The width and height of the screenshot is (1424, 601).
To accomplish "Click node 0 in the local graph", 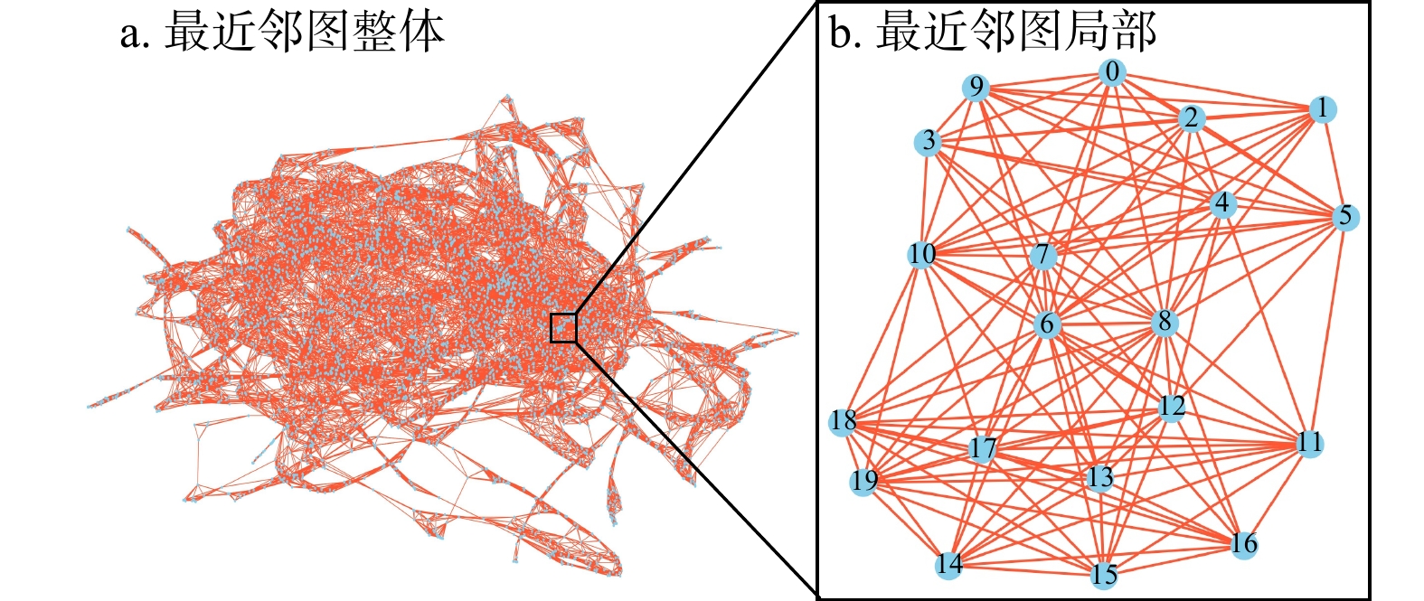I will (x=1112, y=73).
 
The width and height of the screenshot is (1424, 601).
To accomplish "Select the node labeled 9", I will (x=976, y=88).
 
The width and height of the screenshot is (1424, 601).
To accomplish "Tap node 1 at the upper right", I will (x=1322, y=109).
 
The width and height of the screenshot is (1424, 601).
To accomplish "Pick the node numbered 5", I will (x=1345, y=217).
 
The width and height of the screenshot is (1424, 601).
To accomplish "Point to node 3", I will (x=929, y=142).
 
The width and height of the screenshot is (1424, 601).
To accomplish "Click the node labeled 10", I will (x=921, y=255).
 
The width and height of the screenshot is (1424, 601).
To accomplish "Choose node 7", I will (x=1043, y=256).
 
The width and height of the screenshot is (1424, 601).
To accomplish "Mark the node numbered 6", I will (x=1046, y=324).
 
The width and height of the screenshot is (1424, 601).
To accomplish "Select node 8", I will (x=1165, y=322).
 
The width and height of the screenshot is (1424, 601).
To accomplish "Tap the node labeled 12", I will (x=1172, y=407).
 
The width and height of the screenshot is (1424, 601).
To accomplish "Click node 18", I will (x=843, y=421).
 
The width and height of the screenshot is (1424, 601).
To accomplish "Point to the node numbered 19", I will (x=863, y=481).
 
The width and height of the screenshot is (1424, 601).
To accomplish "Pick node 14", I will (x=948, y=566).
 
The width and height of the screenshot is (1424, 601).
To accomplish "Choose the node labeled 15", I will (x=1104, y=576).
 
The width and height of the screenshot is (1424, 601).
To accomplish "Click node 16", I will (x=1244, y=544).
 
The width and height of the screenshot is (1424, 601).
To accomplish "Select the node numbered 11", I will (x=1309, y=443).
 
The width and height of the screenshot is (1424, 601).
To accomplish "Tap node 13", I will (x=1100, y=477).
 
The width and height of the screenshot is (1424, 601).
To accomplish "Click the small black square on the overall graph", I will (x=563, y=328).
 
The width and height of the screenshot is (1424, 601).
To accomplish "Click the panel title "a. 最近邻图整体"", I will (x=282, y=33).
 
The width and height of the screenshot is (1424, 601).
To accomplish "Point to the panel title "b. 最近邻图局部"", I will (x=993, y=33).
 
